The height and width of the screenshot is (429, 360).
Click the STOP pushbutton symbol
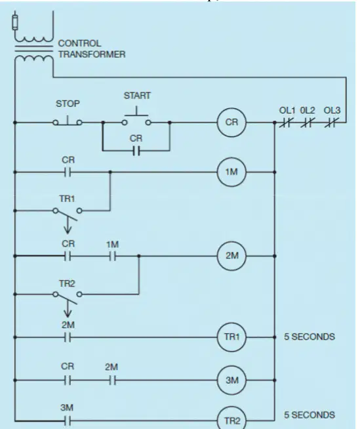click(68, 121)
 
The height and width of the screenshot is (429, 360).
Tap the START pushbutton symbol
click(136, 116)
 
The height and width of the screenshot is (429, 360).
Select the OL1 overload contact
click(286, 122)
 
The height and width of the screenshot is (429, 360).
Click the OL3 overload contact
click(332, 122)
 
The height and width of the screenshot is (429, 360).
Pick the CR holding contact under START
click(136, 150)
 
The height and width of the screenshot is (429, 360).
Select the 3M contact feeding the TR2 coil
click(68, 420)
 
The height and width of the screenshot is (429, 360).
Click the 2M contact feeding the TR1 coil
click(68, 338)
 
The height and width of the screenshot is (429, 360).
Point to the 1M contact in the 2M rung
click(112, 256)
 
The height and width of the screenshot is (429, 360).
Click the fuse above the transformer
click(15, 22)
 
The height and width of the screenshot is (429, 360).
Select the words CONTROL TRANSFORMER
click(92, 49)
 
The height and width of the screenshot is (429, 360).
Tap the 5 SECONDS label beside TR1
click(310, 337)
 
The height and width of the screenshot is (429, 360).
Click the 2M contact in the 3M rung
click(112, 380)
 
